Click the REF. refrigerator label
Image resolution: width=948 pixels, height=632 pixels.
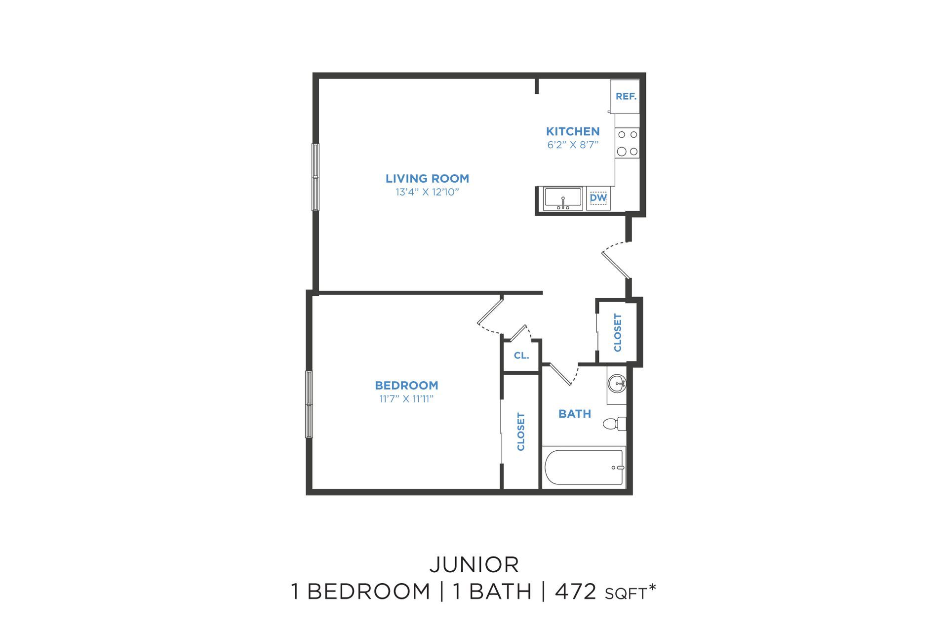pyautogui.click(x=626, y=96)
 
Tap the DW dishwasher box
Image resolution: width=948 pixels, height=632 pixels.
pyautogui.click(x=598, y=198)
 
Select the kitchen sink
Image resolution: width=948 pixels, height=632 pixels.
pyautogui.click(x=563, y=198)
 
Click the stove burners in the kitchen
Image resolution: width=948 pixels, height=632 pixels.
pyautogui.click(x=628, y=143)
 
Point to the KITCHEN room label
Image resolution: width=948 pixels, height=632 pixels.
pyautogui.click(x=573, y=131)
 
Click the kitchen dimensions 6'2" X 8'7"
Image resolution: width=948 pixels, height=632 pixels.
pyautogui.click(x=573, y=145)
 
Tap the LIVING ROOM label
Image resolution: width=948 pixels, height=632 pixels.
pyautogui.click(x=427, y=178)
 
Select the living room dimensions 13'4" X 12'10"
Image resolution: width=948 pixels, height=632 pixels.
pyautogui.click(x=427, y=192)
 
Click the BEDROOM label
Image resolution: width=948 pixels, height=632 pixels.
pyautogui.click(x=406, y=385)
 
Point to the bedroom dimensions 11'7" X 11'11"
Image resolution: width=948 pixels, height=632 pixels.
pyautogui.click(x=406, y=399)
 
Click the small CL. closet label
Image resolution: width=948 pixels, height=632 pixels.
pyautogui.click(x=521, y=355)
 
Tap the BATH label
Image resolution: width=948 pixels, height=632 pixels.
pyautogui.click(x=575, y=414)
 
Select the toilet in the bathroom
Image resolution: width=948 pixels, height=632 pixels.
pyautogui.click(x=615, y=424)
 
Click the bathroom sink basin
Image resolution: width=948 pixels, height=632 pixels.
pyautogui.click(x=617, y=383)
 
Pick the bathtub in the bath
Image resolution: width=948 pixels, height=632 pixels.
pyautogui.click(x=584, y=467)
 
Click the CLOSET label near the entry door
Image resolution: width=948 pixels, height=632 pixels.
pyautogui.click(x=618, y=333)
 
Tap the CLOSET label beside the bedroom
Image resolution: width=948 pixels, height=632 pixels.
pyautogui.click(x=520, y=432)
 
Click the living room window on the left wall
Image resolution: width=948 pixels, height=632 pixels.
pyautogui.click(x=315, y=177)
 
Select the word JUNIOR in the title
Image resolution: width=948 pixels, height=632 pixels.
pyautogui.click(x=474, y=565)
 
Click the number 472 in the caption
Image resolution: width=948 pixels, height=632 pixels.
pyautogui.click(x=576, y=592)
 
